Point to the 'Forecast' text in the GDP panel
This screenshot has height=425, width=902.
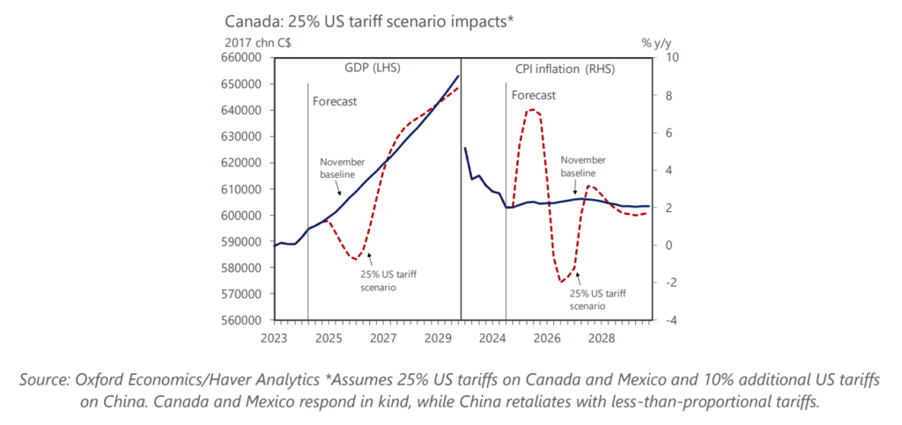(335, 101)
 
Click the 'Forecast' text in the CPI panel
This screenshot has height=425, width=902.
(534, 95)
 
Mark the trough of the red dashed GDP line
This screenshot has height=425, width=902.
(355, 259)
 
